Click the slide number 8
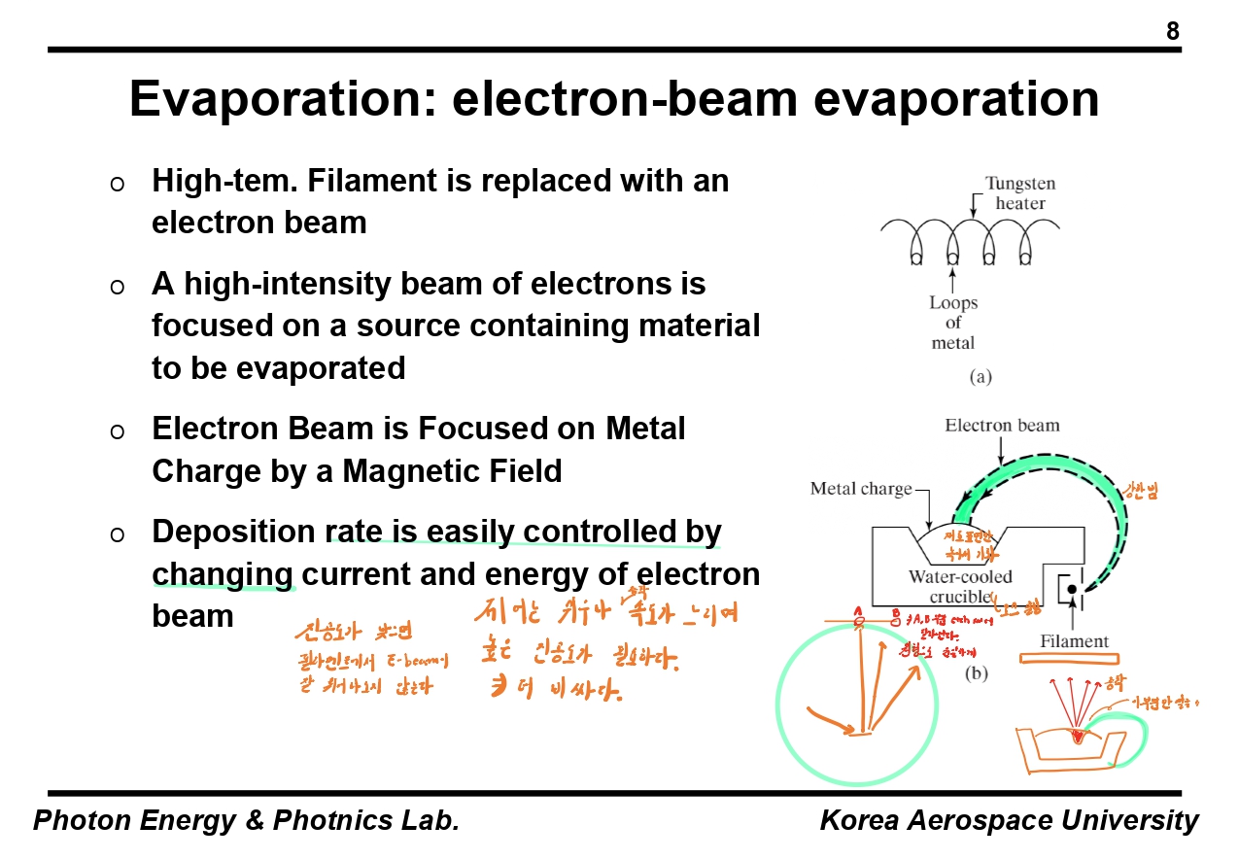click(1173, 32)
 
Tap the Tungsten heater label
click(1019, 192)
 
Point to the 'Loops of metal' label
click(952, 322)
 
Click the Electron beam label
click(1002, 425)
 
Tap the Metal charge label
click(861, 488)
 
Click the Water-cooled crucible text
click(960, 586)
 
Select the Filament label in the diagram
click(1074, 640)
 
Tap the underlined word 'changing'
click(223, 574)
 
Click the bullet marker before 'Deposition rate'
click(117, 533)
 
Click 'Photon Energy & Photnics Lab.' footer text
click(246, 820)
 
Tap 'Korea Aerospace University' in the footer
click(1009, 820)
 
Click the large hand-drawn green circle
click(855, 705)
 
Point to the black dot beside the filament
click(1071, 590)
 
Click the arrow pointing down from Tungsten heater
click(974, 207)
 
